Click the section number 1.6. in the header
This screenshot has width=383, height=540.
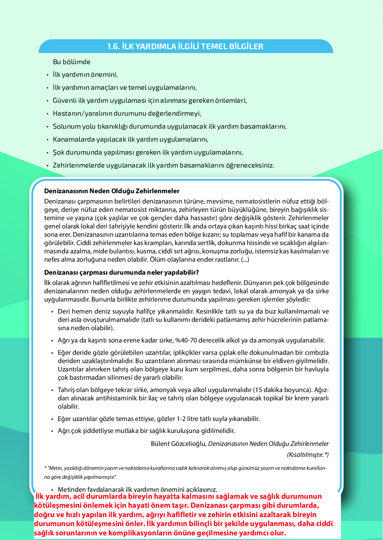point(113,47)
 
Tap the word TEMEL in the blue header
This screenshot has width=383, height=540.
point(214,47)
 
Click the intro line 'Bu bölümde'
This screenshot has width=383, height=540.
point(71,62)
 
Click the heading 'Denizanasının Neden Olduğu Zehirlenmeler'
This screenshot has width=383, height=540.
point(112,191)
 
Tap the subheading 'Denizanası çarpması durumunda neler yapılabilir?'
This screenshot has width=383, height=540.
point(121,273)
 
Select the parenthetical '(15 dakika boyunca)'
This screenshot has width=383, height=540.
point(283,390)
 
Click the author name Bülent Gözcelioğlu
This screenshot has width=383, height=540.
point(178,444)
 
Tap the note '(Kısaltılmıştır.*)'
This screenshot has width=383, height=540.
point(308,455)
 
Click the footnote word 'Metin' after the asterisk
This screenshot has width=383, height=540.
point(55,468)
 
